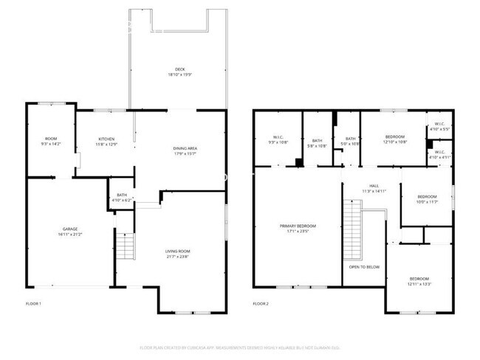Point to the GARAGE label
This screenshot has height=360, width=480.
pyautogui.click(x=70, y=229)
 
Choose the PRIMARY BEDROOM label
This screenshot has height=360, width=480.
pyautogui.click(x=298, y=226)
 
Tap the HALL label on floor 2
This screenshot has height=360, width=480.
pyautogui.click(x=374, y=186)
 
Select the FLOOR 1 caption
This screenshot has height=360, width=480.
pyautogui.click(x=33, y=303)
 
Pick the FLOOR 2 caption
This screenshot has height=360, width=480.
pyautogui.click(x=261, y=303)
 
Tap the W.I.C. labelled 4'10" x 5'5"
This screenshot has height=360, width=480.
pyautogui.click(x=439, y=126)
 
